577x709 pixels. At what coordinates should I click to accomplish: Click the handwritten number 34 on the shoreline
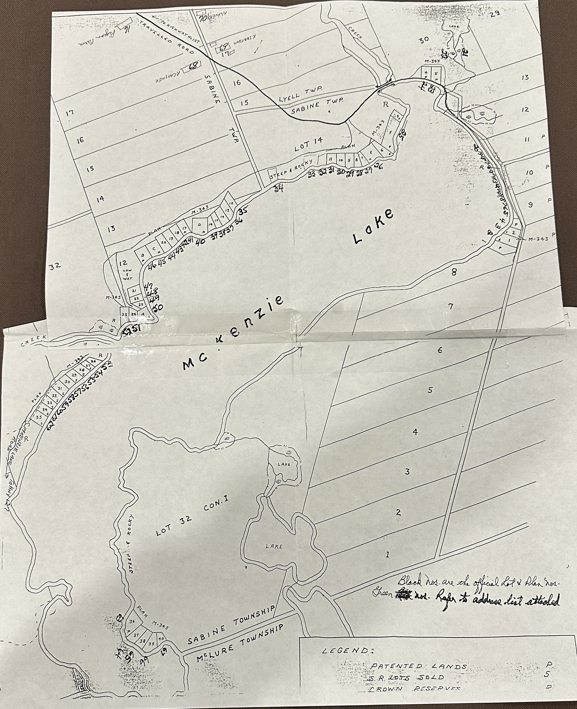(278, 190)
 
